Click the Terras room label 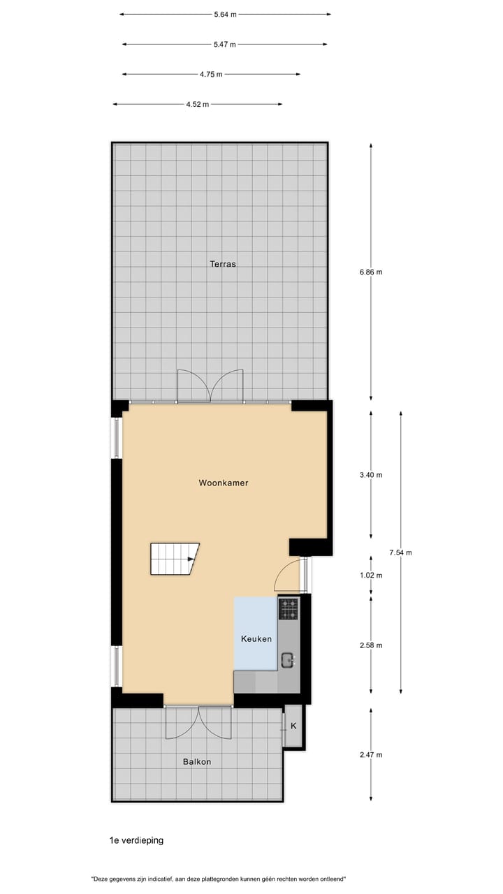[x=223, y=264]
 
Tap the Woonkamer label [x=223, y=483]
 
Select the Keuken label [x=256, y=639]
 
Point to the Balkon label [x=196, y=761]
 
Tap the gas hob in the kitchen [x=289, y=609]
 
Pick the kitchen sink [x=287, y=659]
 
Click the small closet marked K [x=293, y=726]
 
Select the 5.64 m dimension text [x=225, y=14]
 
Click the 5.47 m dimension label [x=225, y=45]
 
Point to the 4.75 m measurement [x=211, y=74]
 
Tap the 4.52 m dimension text [x=198, y=105]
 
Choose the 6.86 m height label [x=370, y=272]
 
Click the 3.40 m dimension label [x=370, y=475]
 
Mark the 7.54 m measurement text [x=400, y=553]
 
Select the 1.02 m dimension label [x=370, y=576]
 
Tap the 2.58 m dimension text [x=370, y=645]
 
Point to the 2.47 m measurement [x=370, y=755]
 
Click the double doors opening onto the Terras [x=210, y=386]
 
